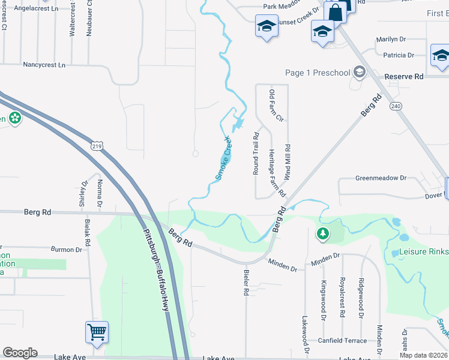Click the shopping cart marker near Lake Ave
97,332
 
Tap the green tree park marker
323,233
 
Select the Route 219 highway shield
98,146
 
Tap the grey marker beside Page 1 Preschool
360,73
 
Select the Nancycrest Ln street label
44,64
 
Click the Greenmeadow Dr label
381,178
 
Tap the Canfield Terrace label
342,341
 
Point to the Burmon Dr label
66,249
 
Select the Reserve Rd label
404,77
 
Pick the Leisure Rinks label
424,251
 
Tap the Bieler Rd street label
246,282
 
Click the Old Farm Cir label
276,106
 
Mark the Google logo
20,353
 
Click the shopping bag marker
335,12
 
